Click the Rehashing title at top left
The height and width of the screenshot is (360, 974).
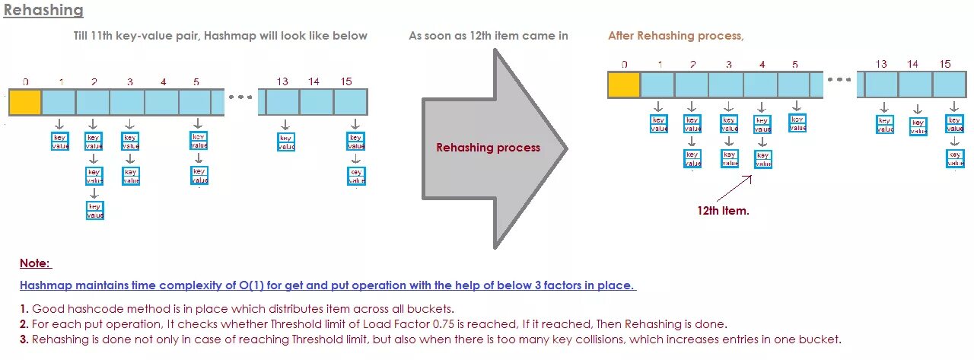click(43, 11)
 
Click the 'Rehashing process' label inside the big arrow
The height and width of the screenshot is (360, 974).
click(488, 148)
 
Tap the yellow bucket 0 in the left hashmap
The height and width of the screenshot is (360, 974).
click(25, 102)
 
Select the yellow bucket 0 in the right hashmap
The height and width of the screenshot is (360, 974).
click(624, 84)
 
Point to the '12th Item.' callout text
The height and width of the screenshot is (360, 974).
click(723, 211)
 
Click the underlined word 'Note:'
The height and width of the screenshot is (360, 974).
click(35, 263)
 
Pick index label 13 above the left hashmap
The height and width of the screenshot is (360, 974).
click(282, 81)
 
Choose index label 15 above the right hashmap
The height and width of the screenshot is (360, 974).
click(945, 64)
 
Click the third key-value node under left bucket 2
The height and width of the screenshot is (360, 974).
click(94, 211)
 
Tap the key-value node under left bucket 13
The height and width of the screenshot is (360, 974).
click(285, 142)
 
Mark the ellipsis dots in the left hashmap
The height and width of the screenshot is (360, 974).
click(240, 97)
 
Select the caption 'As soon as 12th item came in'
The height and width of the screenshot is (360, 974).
click(488, 36)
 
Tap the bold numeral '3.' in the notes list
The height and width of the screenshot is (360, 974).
click(24, 339)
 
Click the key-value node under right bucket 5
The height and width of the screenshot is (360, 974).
click(797, 123)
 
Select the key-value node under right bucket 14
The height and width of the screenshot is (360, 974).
click(918, 126)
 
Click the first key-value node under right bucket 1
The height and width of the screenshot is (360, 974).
click(658, 124)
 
